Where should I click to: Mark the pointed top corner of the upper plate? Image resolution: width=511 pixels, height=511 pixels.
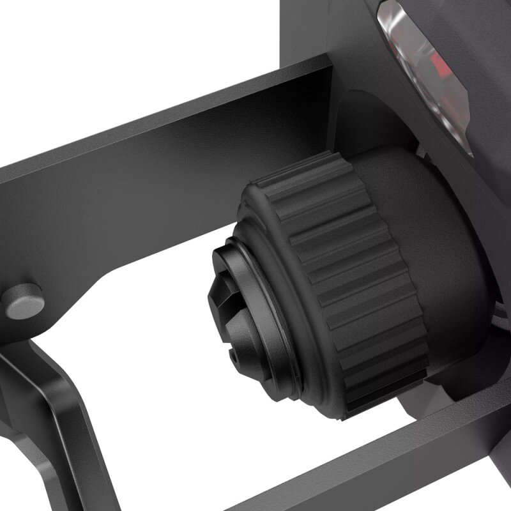(330, 57)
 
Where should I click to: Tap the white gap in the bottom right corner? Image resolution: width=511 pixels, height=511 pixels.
(495, 495)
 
